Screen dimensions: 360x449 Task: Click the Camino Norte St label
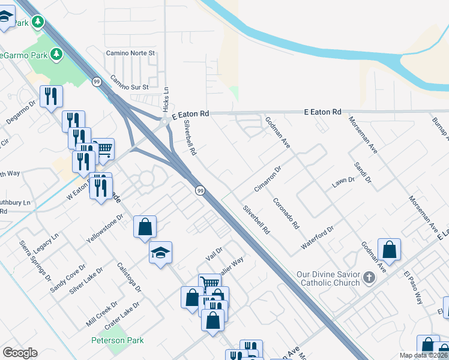click(x=131, y=53)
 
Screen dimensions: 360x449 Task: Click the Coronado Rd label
click(x=286, y=213)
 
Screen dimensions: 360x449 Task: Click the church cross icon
click(x=369, y=278)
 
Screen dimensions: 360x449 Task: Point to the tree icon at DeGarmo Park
click(x=57, y=55)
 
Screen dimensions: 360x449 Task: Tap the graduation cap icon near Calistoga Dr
click(x=160, y=253)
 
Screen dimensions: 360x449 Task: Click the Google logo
click(x=20, y=353)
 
